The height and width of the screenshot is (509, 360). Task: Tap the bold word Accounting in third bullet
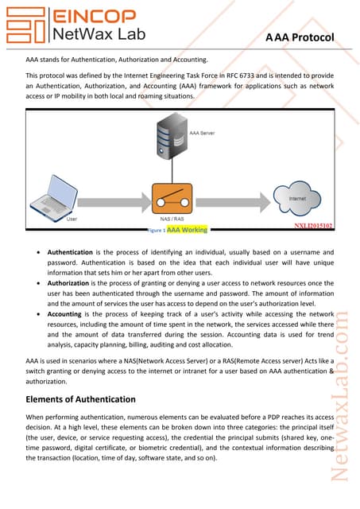tap(67, 315)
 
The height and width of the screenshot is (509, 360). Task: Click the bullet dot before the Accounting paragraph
tap(40, 315)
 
